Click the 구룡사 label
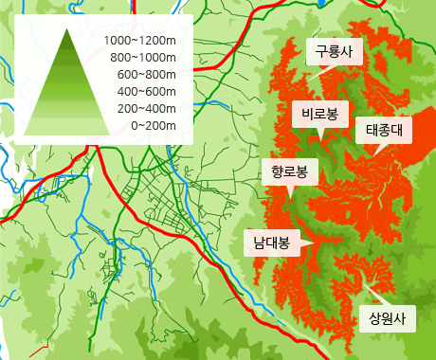[x=335, y=52]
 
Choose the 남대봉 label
[x=272, y=243]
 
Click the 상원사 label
[x=387, y=318]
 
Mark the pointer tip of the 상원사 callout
[x=363, y=280]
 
